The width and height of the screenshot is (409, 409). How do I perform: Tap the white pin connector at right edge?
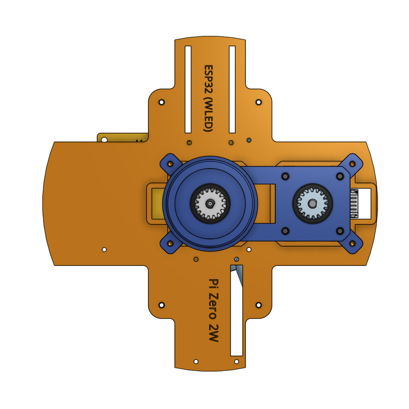pyautogui.click(x=354, y=203)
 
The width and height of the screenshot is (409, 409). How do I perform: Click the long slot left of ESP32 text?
pyautogui.click(x=188, y=89)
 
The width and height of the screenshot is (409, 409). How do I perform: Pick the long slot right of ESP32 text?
pyautogui.click(x=233, y=89)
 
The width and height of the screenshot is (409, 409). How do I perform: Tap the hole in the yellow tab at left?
pyautogui.click(x=104, y=140)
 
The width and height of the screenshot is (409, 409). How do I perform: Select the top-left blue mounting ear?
pyautogui.click(x=170, y=163)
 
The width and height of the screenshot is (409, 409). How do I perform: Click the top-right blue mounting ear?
pyautogui.click(x=352, y=163)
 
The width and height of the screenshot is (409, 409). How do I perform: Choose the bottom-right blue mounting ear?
pyautogui.click(x=352, y=243)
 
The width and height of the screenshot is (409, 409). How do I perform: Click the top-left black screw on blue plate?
pyautogui.click(x=285, y=176)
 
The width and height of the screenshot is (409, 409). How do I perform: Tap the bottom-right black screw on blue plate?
pyautogui.click(x=340, y=231)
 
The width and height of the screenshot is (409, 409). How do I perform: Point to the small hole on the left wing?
pyautogui.click(x=104, y=249)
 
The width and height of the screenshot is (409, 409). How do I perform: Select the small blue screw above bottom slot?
pyautogui.click(x=237, y=259)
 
